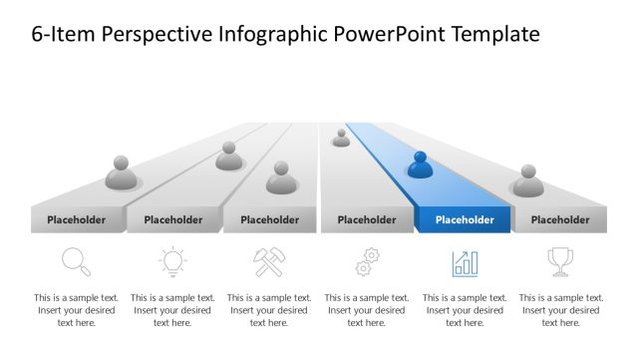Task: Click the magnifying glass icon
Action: [x=76, y=261]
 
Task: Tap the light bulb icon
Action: [x=172, y=262]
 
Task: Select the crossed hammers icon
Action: [x=269, y=262]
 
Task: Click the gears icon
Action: [x=367, y=262]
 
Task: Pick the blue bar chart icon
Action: [x=465, y=262]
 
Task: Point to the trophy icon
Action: [x=559, y=261]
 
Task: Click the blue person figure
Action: [x=420, y=165]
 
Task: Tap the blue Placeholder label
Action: [x=465, y=219]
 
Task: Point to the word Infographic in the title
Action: [x=266, y=35]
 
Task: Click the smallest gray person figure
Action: [x=341, y=138]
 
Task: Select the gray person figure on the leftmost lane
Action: [x=121, y=173]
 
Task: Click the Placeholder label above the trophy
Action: [x=559, y=219]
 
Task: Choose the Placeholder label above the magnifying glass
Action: [x=76, y=219]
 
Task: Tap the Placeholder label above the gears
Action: [x=366, y=219]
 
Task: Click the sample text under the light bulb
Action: [x=172, y=309]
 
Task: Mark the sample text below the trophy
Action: [x=560, y=309]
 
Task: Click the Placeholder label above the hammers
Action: [x=270, y=219]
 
